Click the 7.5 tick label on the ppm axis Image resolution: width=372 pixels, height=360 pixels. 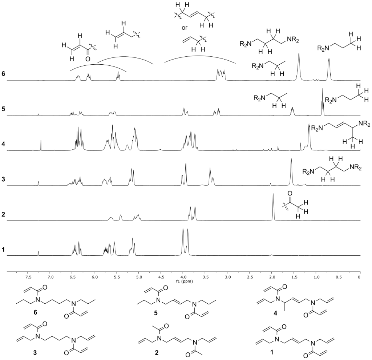click(28, 277)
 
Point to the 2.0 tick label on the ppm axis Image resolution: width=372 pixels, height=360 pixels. click(272, 277)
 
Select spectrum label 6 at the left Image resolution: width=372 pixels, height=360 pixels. click(3, 74)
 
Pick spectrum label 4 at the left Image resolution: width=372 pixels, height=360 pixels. click(3, 144)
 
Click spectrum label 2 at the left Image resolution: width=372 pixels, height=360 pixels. click(3, 214)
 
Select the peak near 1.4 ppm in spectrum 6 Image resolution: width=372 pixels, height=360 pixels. click(299, 67)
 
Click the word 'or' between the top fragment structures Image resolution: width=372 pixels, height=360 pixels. click(184, 28)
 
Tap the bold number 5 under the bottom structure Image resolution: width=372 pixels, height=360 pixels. click(155, 313)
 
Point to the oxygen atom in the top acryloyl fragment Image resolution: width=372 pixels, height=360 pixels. click(88, 59)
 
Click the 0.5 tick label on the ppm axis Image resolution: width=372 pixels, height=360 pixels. click(338, 277)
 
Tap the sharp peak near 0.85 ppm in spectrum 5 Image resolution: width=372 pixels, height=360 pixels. click(323, 102)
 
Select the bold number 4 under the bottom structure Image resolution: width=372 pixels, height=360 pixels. click(275, 313)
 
